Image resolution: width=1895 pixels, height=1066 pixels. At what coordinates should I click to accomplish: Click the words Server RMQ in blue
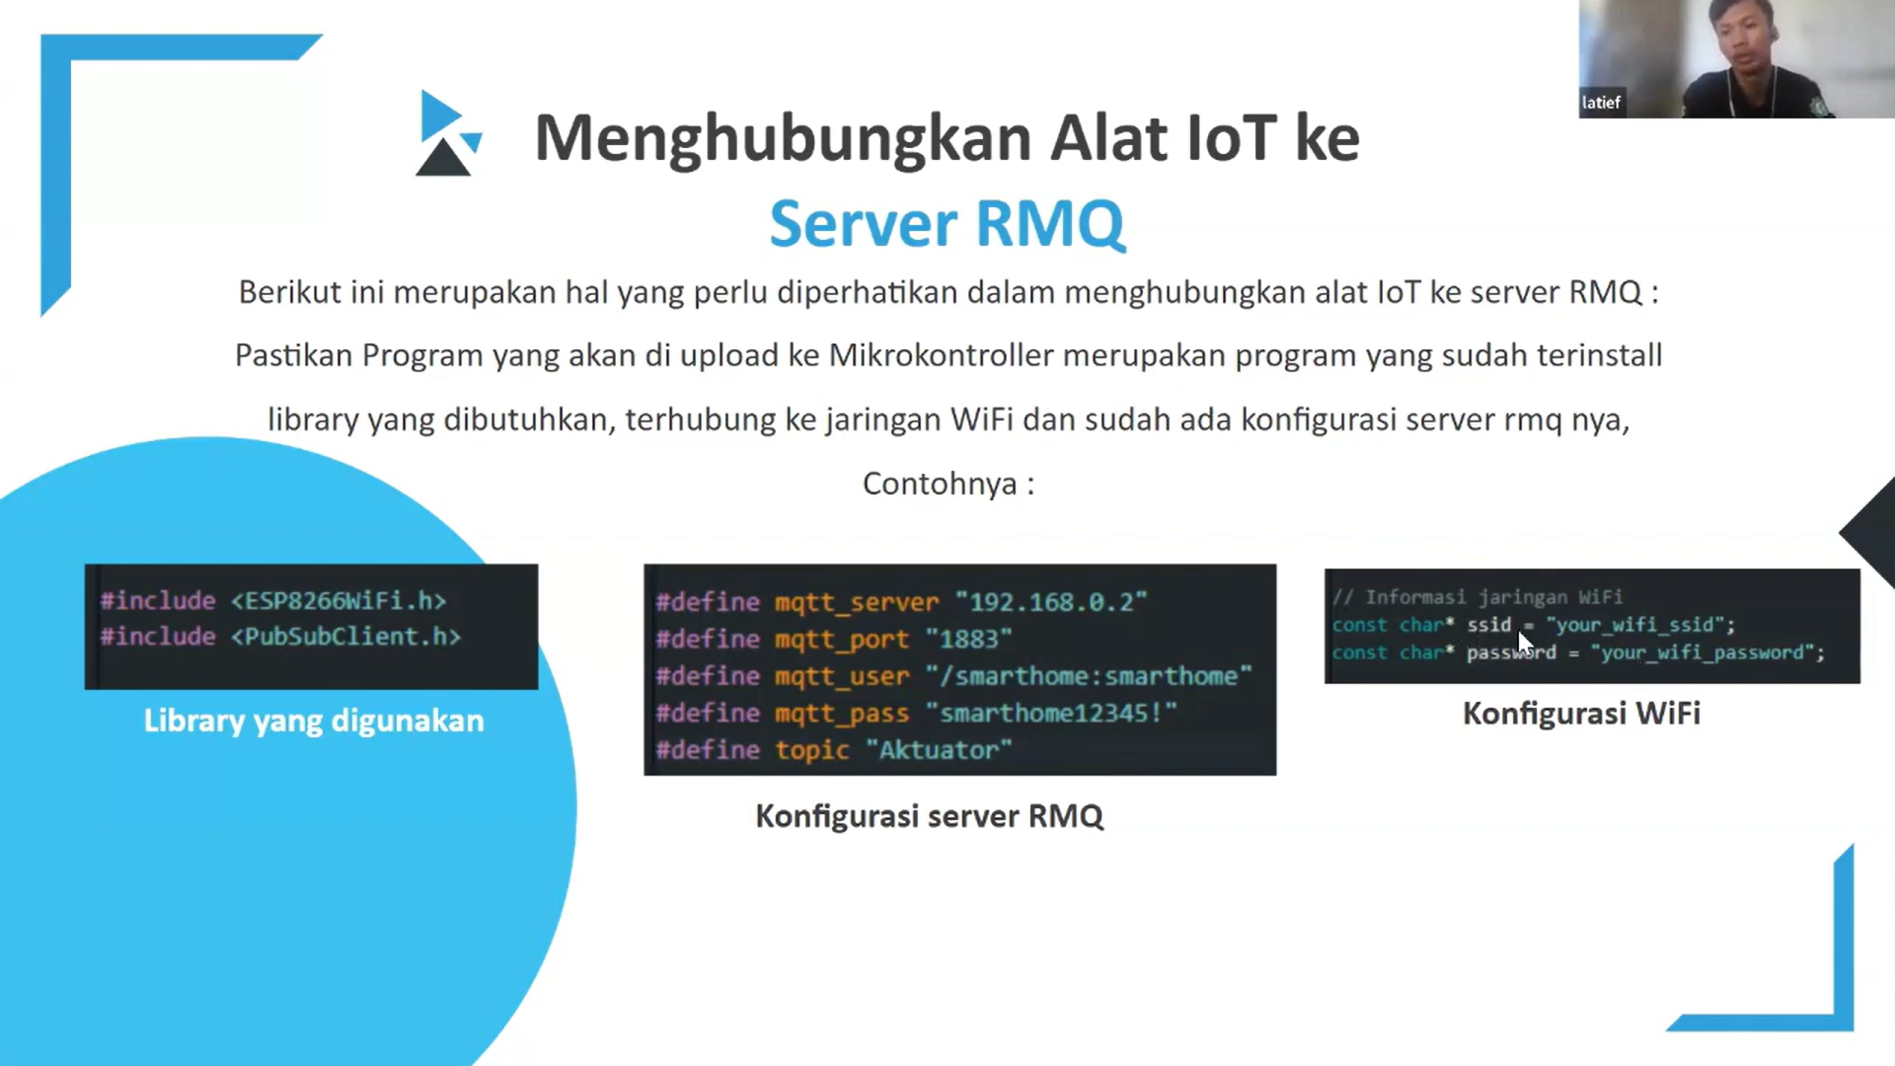(947, 223)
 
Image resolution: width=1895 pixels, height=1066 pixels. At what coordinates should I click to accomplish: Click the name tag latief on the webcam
(1601, 103)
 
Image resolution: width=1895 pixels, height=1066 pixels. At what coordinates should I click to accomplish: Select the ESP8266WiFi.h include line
(273, 600)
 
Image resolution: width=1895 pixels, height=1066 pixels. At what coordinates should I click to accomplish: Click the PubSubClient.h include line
(280, 637)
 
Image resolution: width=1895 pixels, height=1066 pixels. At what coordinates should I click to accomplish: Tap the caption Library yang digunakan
(314, 721)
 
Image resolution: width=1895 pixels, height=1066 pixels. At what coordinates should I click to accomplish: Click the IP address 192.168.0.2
(1051, 602)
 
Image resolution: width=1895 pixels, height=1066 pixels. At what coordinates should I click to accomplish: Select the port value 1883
(969, 639)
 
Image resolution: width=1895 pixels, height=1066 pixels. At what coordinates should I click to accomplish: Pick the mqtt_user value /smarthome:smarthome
(1089, 676)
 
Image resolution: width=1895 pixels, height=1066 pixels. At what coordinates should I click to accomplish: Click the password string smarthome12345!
(1052, 713)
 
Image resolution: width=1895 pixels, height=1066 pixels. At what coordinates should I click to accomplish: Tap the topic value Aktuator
(939, 750)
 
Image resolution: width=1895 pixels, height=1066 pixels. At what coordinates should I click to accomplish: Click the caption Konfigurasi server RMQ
(930, 816)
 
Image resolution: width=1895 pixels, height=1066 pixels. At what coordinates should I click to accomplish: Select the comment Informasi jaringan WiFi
(1478, 597)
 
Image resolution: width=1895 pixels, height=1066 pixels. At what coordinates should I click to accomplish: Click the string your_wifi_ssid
(1640, 625)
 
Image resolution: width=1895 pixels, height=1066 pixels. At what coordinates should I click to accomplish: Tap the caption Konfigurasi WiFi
(1582, 714)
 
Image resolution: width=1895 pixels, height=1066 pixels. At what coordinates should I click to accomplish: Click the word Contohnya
(940, 484)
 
